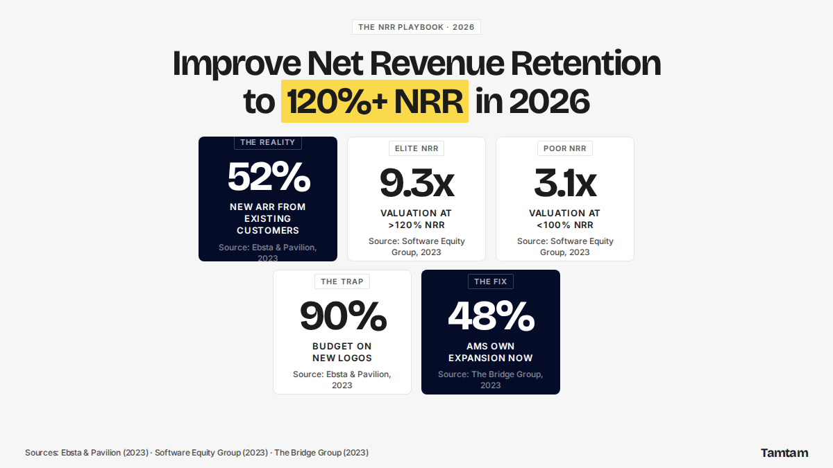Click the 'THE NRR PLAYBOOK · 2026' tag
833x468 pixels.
[416, 27]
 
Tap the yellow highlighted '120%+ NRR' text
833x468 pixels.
[374, 101]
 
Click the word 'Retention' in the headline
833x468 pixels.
[586, 63]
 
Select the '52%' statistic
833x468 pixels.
[269, 177]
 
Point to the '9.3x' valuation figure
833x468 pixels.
[416, 183]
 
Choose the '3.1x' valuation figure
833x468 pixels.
[565, 183]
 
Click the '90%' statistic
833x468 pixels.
[342, 316]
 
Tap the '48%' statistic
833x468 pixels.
[491, 316]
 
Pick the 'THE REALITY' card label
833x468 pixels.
[268, 142]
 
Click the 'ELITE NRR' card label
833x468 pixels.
[416, 148]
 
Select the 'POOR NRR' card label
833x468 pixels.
[565, 148]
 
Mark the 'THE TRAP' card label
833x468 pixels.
[342, 281]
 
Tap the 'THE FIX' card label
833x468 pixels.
[491, 281]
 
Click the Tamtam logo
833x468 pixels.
[784, 453]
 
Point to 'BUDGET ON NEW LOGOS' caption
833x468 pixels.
[342, 352]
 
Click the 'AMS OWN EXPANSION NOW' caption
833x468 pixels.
[491, 352]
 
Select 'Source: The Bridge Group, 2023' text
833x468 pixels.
[491, 380]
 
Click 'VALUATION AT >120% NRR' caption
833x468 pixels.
[416, 219]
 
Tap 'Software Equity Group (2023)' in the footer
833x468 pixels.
[211, 453]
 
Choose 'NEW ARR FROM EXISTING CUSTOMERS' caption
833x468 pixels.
[268, 219]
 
